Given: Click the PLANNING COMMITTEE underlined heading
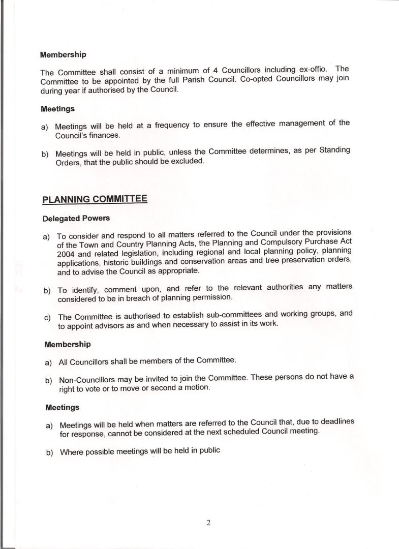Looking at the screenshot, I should click(x=95, y=198).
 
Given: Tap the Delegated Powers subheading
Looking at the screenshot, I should click(x=76, y=218).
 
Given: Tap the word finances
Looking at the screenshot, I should click(x=105, y=136).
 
